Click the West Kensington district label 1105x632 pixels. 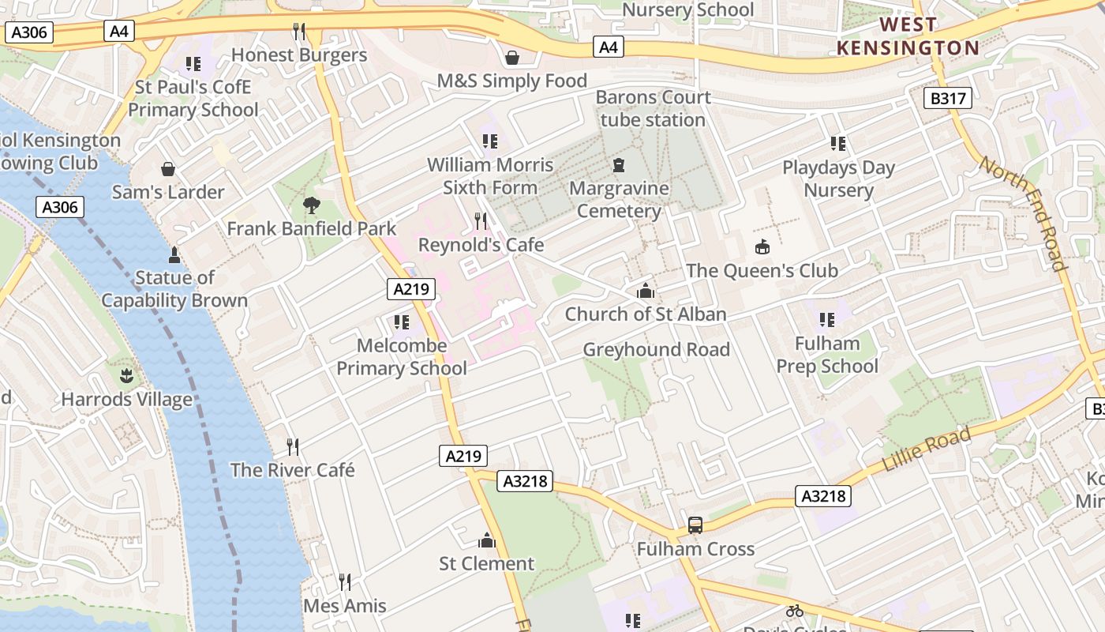click(x=908, y=36)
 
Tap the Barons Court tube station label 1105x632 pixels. click(x=653, y=108)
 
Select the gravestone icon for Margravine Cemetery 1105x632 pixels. click(x=618, y=166)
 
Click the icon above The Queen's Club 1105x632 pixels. click(x=762, y=247)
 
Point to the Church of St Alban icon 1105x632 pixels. click(x=645, y=291)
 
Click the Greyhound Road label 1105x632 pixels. click(x=656, y=349)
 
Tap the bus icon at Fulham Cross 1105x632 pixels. click(x=695, y=525)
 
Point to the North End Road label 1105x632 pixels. click(x=1023, y=213)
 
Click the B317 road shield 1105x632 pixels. click(x=947, y=99)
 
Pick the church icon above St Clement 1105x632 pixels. click(x=487, y=540)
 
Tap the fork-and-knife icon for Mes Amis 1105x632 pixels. click(x=345, y=582)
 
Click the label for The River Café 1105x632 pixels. click(x=292, y=470)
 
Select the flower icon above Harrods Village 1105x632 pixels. click(x=126, y=374)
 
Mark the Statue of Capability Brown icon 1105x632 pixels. click(x=174, y=254)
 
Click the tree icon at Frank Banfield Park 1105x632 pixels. click(x=312, y=205)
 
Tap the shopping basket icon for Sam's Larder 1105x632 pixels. click(x=168, y=169)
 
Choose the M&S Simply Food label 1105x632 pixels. click(x=512, y=81)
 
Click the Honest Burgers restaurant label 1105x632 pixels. click(x=299, y=55)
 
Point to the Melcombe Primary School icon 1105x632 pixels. click(x=402, y=322)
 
